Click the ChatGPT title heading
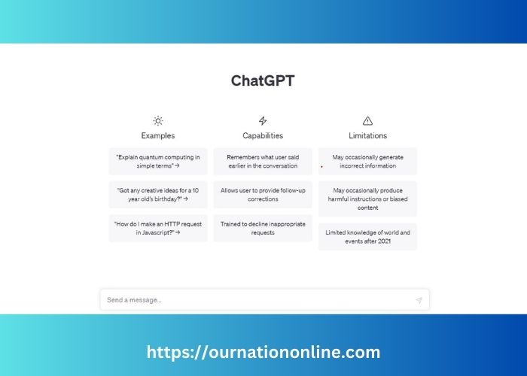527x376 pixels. click(263, 81)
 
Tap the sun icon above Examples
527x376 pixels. click(158, 120)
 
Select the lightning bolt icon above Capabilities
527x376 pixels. click(263, 120)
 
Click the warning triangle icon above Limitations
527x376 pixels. click(367, 120)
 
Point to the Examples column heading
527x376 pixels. click(158, 135)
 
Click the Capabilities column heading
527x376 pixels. click(263, 135)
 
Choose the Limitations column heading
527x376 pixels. click(367, 135)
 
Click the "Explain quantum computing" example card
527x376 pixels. click(158, 161)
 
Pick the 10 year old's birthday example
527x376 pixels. click(158, 195)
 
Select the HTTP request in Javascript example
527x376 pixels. click(158, 229)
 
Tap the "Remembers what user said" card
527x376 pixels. click(263, 161)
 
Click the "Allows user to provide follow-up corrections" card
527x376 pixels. click(263, 195)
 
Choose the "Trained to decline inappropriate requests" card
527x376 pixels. click(263, 229)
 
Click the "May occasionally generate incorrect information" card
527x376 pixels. click(367, 161)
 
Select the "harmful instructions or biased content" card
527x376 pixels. click(367, 199)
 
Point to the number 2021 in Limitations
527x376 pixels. click(385, 241)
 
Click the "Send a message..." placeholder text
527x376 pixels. click(134, 300)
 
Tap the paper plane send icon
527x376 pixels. click(419, 300)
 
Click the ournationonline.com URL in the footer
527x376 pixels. click(263, 353)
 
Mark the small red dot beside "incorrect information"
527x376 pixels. click(321, 166)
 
